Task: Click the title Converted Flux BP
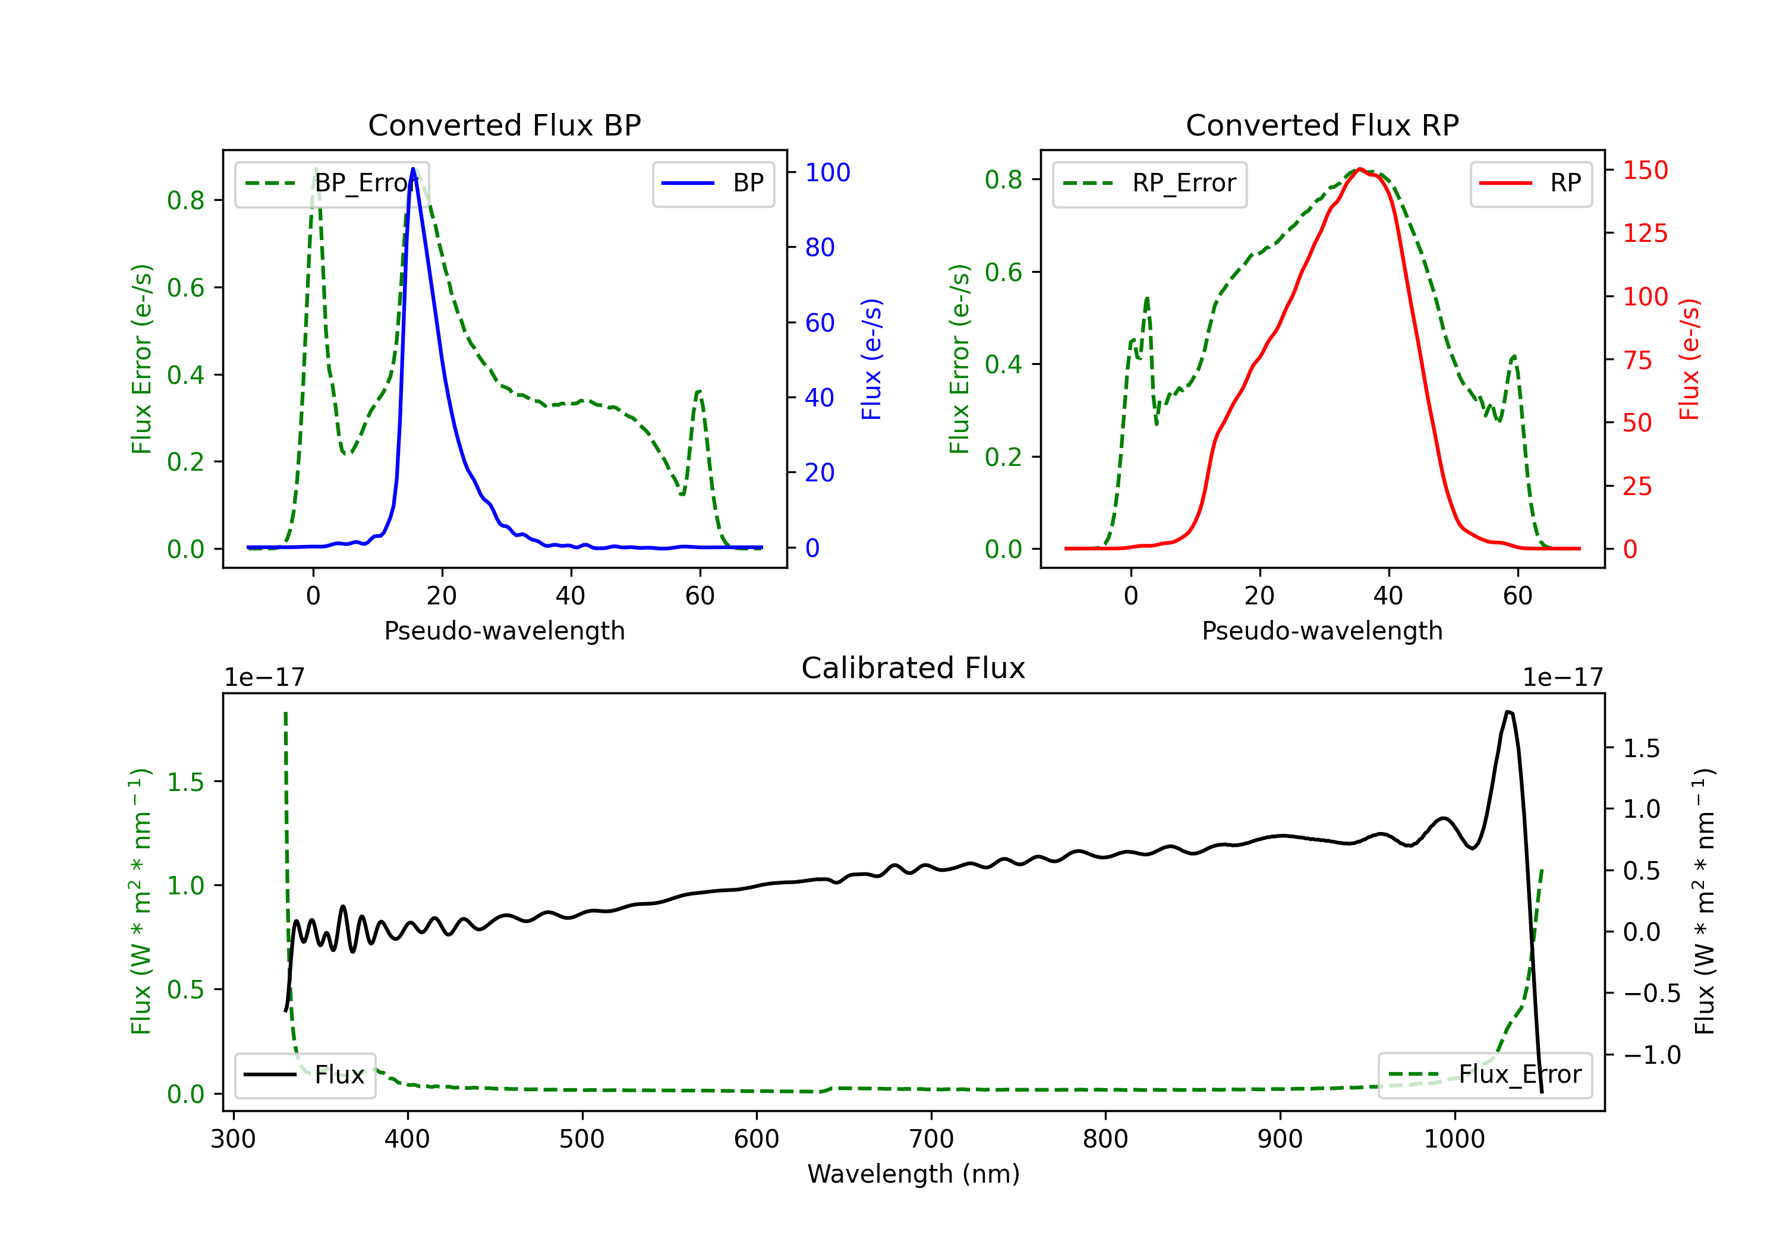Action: click(504, 125)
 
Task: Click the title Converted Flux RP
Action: click(1322, 125)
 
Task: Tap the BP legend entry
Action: click(713, 183)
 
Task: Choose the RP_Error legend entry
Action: click(1149, 183)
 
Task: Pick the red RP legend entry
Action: click(1530, 183)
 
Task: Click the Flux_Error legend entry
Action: click(1485, 1075)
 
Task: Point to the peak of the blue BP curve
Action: click(413, 169)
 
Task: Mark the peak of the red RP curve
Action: click(1360, 169)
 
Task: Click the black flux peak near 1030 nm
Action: click(1508, 711)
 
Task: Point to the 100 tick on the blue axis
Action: click(827, 172)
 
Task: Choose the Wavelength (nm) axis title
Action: click(913, 1174)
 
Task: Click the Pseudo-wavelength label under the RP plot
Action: click(1322, 631)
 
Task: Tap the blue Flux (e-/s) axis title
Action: click(871, 360)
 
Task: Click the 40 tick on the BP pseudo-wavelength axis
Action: click(571, 595)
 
